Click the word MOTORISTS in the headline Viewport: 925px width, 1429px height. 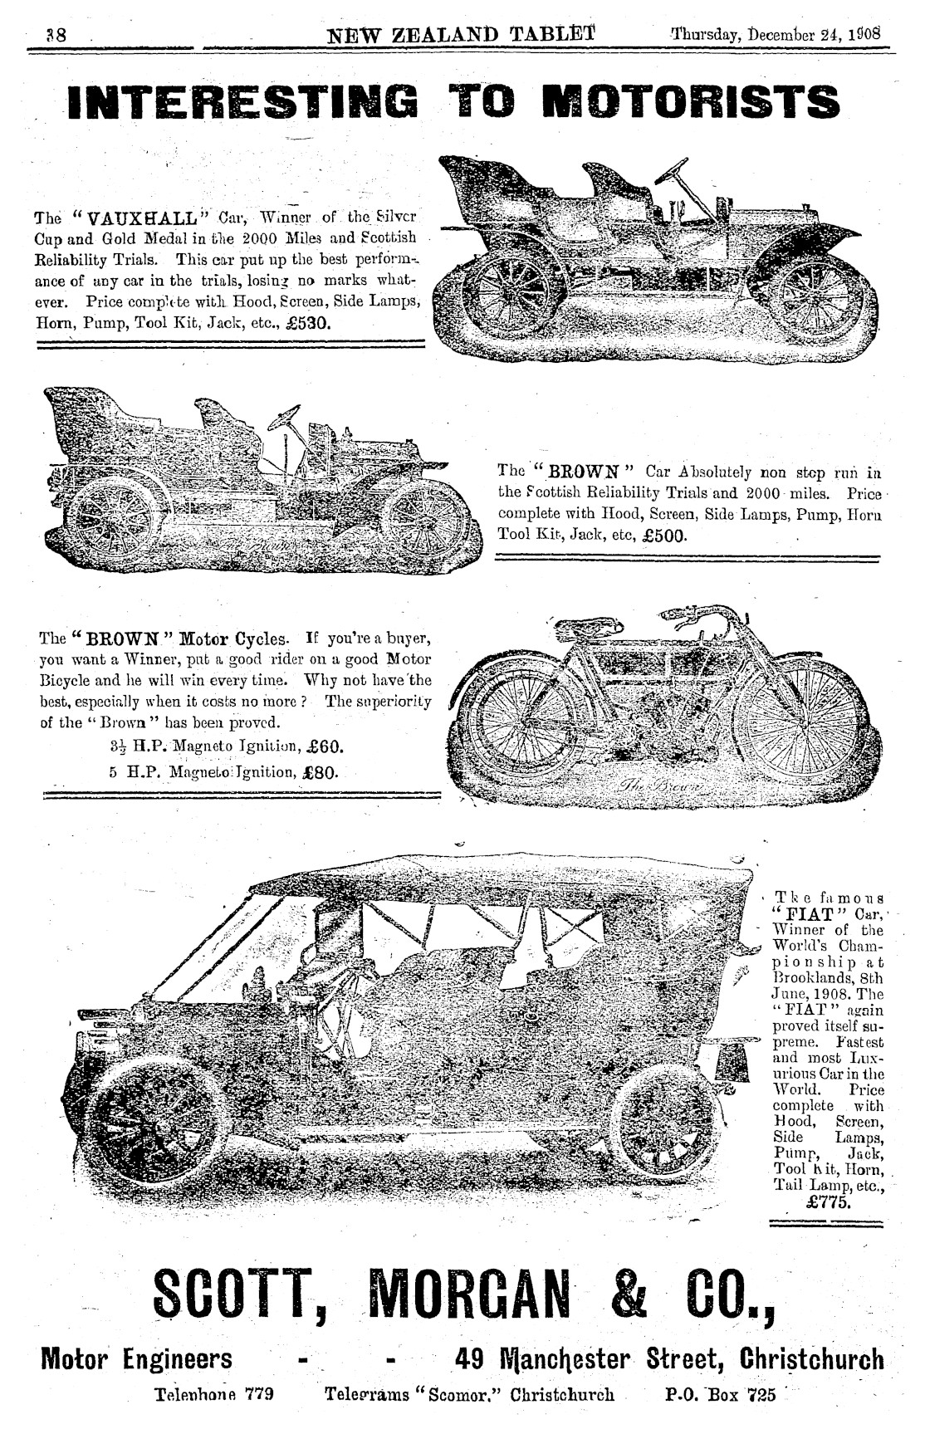coord(690,101)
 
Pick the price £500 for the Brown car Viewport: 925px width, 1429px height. coord(664,536)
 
